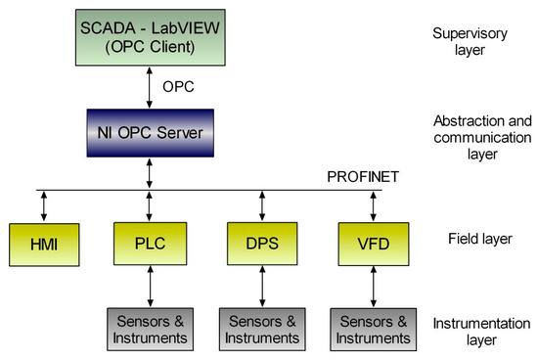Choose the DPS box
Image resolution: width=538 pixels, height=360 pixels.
coord(260,242)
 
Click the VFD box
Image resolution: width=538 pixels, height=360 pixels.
coord(373,242)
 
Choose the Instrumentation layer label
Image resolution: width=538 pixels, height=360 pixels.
coord(473,332)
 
